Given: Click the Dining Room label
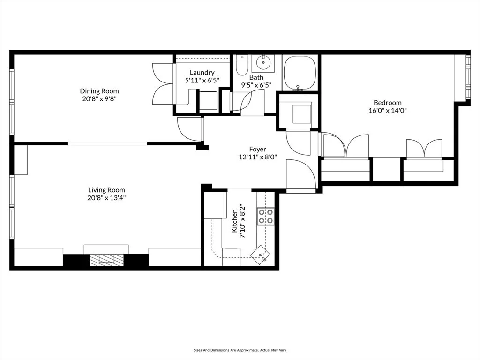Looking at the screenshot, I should coord(99,91).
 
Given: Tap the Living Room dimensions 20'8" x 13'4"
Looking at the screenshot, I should coord(106,198).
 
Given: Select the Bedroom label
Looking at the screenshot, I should coord(387,103).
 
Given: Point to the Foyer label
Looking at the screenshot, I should coord(257,150).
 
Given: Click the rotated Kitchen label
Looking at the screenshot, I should coord(234,221).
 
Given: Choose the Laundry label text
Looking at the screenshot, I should coord(202,72).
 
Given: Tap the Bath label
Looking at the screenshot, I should coord(256,77).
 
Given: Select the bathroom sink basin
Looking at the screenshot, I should coord(264,61).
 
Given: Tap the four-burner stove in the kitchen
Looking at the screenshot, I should coord(265,216).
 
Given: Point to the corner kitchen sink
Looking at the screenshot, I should coord(260,255).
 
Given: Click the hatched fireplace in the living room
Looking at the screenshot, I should coord(106,260).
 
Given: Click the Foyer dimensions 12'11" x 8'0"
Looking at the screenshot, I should coord(257,157).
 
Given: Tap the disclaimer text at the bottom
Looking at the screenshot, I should coord(240,350).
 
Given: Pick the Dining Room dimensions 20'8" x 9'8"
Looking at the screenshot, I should coord(99,99).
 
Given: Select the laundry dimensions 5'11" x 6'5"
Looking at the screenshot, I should coord(202,80).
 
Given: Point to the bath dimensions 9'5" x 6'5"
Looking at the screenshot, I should coord(256,85).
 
